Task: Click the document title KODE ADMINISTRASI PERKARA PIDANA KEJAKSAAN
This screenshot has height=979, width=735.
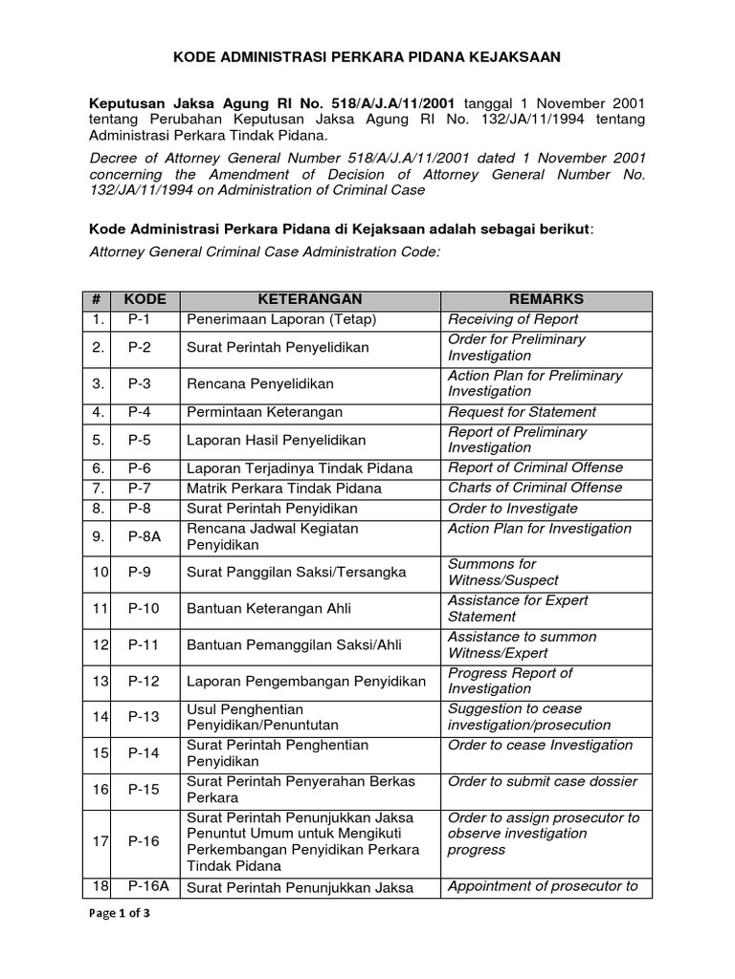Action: (x=367, y=57)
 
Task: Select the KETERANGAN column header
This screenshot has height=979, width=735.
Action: (x=310, y=300)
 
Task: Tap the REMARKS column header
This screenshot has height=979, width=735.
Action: (x=546, y=300)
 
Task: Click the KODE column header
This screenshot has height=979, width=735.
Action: (x=145, y=300)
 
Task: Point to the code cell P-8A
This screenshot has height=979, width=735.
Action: (x=145, y=537)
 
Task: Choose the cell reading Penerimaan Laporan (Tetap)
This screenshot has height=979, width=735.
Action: (x=281, y=319)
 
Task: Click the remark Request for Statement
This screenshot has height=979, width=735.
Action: (x=522, y=412)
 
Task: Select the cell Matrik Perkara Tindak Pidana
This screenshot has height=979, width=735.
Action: (x=284, y=488)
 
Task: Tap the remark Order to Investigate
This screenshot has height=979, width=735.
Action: (x=513, y=508)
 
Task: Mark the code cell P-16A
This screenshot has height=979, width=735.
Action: (x=148, y=886)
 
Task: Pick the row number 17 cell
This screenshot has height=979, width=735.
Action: (x=100, y=841)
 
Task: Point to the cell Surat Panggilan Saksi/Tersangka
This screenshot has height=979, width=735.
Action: (x=297, y=573)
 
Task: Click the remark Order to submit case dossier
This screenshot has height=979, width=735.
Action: (x=543, y=781)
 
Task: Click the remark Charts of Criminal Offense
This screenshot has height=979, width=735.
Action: (x=535, y=488)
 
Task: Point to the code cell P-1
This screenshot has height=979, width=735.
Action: (x=142, y=319)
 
